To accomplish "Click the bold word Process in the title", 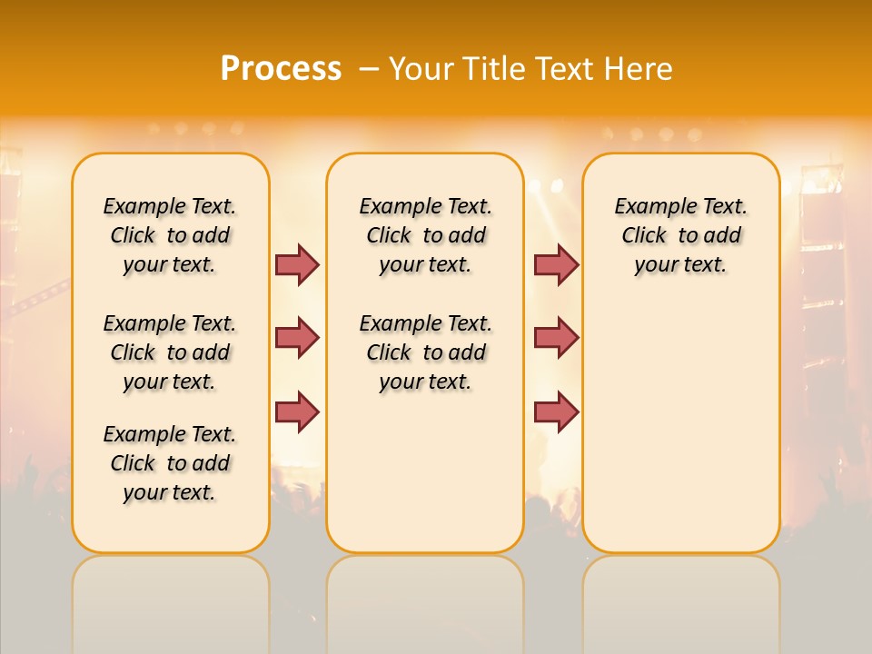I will pyautogui.click(x=281, y=69).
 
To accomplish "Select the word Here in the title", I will pyautogui.click(x=639, y=69).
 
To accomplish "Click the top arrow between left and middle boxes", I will pyautogui.click(x=297, y=264).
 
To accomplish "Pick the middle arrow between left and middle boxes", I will pyautogui.click(x=297, y=338).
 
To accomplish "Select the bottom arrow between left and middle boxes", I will pyautogui.click(x=297, y=411).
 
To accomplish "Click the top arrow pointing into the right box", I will pyautogui.click(x=556, y=264).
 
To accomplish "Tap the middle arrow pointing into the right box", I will pyautogui.click(x=556, y=338).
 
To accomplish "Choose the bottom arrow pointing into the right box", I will pyautogui.click(x=556, y=411).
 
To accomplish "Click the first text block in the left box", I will pyautogui.click(x=170, y=235).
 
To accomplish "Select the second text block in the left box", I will pyautogui.click(x=170, y=352).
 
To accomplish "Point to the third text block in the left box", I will pyautogui.click(x=170, y=463).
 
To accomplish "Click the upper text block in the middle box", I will pyautogui.click(x=425, y=235).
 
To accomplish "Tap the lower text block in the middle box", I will pyautogui.click(x=425, y=352).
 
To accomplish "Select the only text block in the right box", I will pyautogui.click(x=680, y=235).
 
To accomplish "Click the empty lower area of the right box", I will pyautogui.click(x=680, y=427).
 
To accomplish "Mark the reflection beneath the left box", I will pyautogui.click(x=171, y=599).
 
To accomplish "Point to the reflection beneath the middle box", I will pyautogui.click(x=425, y=599).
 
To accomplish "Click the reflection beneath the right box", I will pyautogui.click(x=680, y=599).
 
